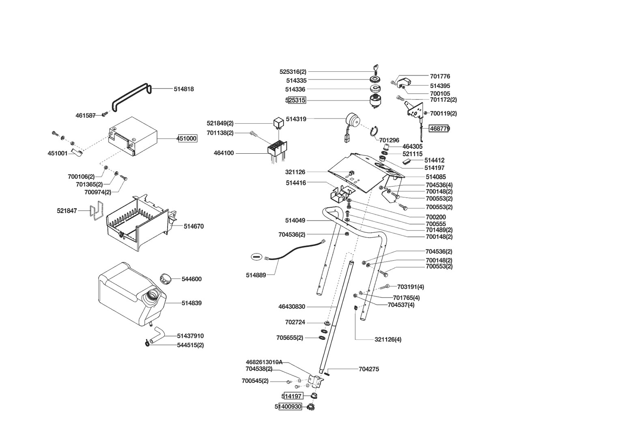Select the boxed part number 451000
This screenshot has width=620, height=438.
click(x=187, y=139)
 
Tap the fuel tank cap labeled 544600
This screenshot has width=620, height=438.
click(x=166, y=279)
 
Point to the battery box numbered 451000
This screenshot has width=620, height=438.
click(x=134, y=136)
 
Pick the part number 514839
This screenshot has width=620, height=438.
click(x=192, y=303)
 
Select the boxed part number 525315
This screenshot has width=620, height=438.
click(x=295, y=100)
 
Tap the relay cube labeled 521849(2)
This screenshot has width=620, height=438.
click(x=278, y=122)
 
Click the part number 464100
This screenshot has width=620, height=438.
click(x=224, y=153)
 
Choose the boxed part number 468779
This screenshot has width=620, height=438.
click(x=439, y=129)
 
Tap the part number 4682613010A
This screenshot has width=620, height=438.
click(x=264, y=362)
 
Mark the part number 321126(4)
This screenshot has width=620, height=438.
click(x=387, y=339)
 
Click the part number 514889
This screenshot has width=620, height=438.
click(x=256, y=275)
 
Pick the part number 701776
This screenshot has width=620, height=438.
click(x=440, y=76)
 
